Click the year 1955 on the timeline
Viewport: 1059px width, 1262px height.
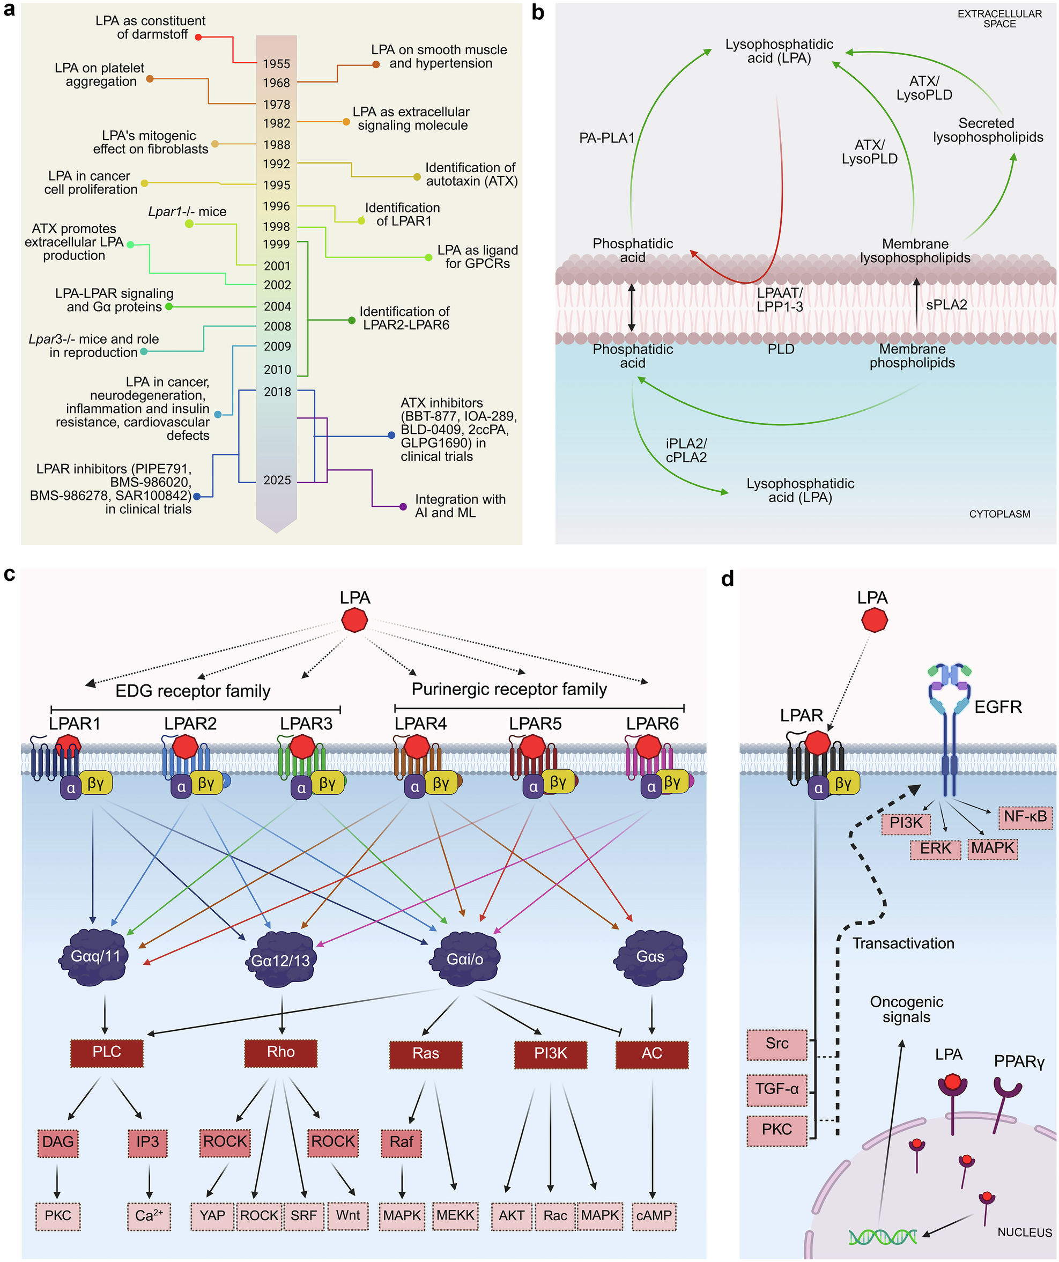(276, 64)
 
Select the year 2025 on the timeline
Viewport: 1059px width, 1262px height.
(277, 480)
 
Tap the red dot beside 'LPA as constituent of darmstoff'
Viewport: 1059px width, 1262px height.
(198, 37)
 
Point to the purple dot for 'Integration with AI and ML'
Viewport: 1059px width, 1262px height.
(403, 507)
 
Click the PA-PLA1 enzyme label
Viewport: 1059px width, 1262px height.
(606, 138)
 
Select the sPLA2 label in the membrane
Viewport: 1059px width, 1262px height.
(946, 305)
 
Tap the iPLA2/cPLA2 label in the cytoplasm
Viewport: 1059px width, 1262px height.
(686, 451)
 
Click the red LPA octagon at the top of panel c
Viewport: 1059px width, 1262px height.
(354, 619)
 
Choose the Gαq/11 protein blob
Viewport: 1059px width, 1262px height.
(95, 956)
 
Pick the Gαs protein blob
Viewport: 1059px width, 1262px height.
(650, 956)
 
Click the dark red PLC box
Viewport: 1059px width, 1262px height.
(107, 1052)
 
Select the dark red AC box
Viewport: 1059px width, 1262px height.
(651, 1053)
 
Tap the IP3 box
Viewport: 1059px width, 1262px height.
(147, 1142)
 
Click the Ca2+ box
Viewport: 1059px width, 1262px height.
(149, 1216)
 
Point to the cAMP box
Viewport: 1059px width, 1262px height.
(654, 1216)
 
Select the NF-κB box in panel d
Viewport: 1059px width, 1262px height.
(1025, 817)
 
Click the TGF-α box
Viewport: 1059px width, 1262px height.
(776, 1089)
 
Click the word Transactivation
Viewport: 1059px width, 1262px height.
(903, 943)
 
